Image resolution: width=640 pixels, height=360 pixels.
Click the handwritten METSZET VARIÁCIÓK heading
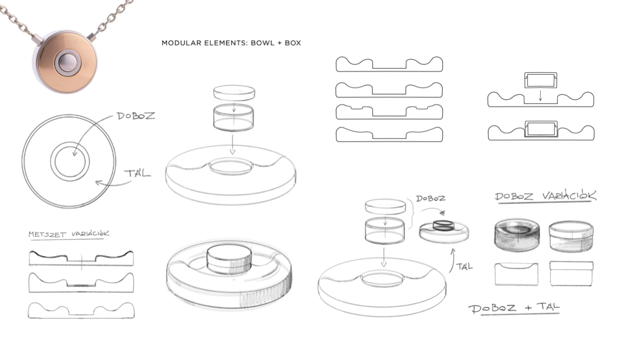[69, 234]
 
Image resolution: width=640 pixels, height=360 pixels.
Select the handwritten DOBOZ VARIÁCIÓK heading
[546, 196]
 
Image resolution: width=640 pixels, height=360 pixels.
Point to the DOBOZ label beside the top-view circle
[136, 116]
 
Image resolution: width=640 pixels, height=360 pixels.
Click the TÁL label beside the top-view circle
[138, 173]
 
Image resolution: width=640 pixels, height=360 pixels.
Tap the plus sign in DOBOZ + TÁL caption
[529, 308]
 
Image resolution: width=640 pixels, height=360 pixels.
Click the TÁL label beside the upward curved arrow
[465, 266]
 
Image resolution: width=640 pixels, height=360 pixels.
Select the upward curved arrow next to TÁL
[452, 261]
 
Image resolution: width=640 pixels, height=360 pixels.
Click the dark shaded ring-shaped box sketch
[517, 235]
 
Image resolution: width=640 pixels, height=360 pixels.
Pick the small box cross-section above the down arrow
[541, 80]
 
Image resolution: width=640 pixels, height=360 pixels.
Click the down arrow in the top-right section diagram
[540, 95]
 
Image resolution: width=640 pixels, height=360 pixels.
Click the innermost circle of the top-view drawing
[70, 162]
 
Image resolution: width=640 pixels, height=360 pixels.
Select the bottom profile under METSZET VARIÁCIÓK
[81, 310]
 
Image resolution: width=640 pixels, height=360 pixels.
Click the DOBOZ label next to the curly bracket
[430, 198]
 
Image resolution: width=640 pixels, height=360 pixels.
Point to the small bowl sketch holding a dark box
[444, 231]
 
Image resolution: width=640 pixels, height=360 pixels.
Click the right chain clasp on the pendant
[92, 37]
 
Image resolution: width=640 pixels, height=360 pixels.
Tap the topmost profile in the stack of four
[389, 65]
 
